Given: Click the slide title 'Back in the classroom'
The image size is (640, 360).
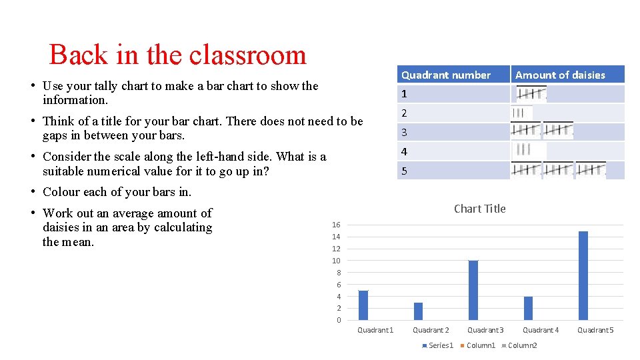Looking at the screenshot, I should point(177,55).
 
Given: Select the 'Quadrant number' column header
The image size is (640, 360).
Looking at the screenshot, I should point(445,75).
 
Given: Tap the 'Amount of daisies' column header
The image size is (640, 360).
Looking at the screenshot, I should point(560,75).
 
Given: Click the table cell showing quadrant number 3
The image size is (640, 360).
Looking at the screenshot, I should point(404,133).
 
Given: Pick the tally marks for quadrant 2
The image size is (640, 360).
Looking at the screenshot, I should point(521,113).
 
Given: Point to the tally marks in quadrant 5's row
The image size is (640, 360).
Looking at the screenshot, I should point(558,171).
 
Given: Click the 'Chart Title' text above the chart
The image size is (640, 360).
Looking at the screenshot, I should point(479,209).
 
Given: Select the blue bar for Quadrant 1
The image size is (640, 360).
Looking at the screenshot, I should point(363,305).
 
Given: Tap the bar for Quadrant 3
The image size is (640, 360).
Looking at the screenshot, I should point(473,290).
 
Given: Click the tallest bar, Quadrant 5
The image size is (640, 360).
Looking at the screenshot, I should point(583,275).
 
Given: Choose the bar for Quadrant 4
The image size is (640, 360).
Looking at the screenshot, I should point(528,308).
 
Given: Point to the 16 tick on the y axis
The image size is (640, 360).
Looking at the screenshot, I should point(336,225).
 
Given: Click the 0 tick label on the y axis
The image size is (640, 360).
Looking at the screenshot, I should point(338,320).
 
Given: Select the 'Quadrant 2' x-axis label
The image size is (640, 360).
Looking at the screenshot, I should point(431,330).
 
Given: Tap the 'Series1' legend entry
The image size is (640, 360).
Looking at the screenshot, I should point(439,345).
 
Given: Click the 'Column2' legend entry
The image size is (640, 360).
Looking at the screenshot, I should point(522,345).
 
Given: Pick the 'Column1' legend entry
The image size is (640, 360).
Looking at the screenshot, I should point(480,345).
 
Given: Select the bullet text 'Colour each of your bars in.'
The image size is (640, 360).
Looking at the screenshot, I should point(117,192).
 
